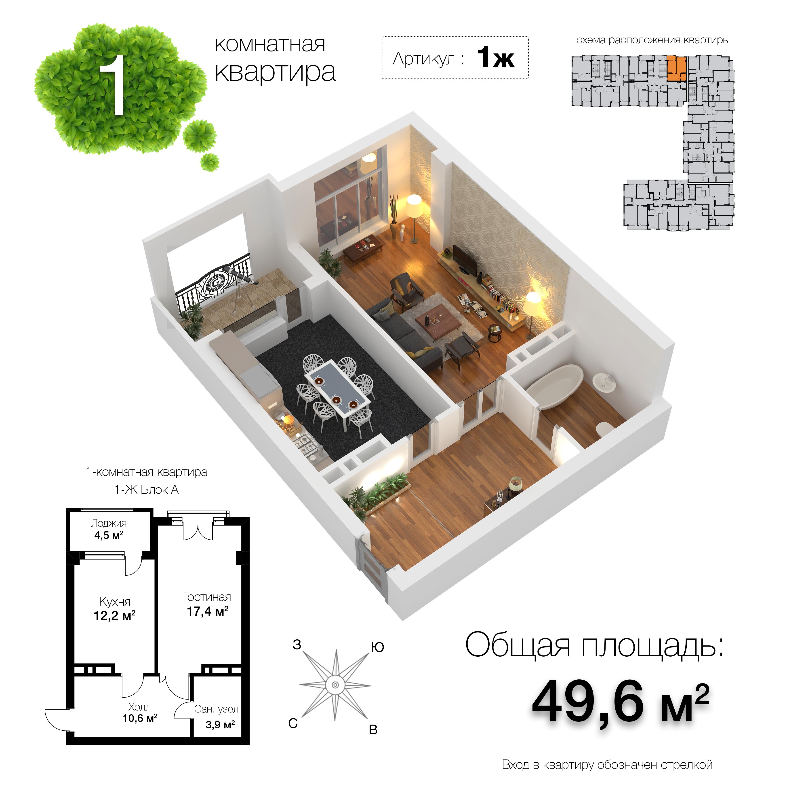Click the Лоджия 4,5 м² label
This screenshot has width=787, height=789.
point(109,530)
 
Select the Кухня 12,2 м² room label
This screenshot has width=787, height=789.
point(115,609)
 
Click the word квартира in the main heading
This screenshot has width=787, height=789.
point(275,72)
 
